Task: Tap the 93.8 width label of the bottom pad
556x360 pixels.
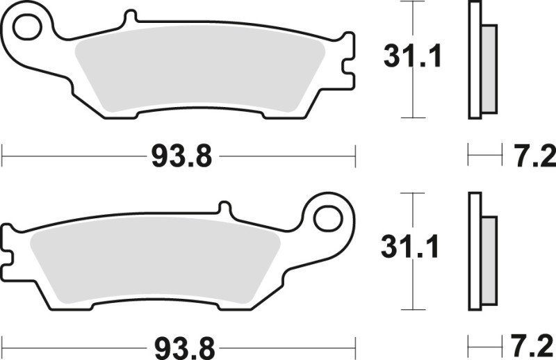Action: coord(180,345)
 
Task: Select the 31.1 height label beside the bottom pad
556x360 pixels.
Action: coord(412,247)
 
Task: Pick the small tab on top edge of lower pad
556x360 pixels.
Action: coord(224,208)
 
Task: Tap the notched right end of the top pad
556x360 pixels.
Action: coord(347,66)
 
